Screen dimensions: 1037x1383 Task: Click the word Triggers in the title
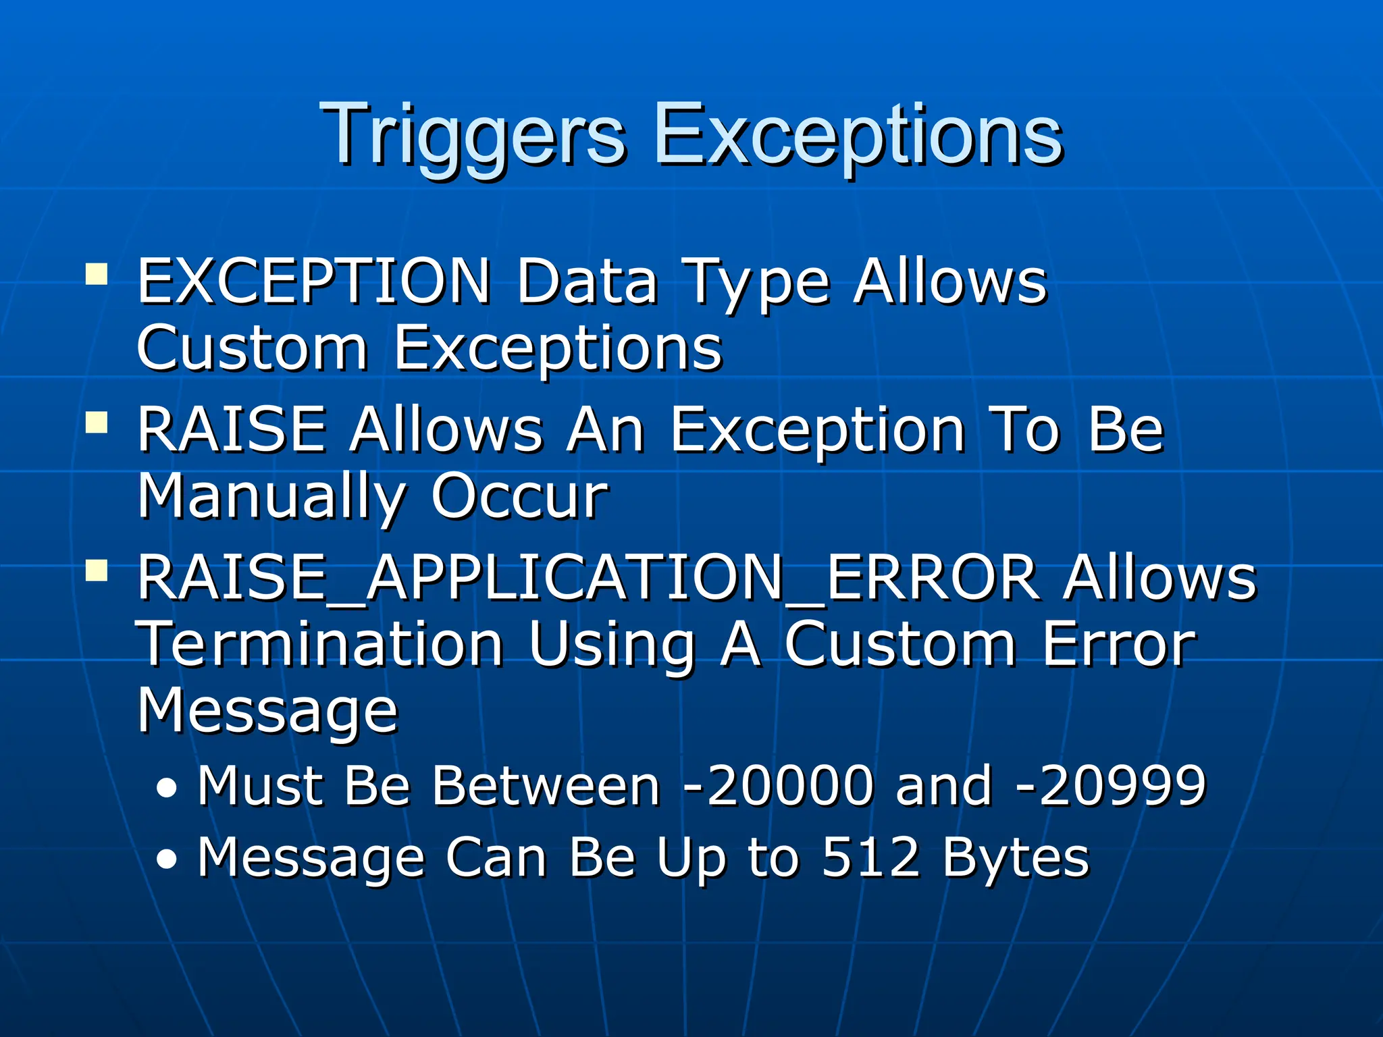coord(473,135)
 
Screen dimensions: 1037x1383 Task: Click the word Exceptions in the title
coord(858,135)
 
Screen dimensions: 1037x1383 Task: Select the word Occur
coord(520,497)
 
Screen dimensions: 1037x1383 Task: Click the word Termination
coord(321,645)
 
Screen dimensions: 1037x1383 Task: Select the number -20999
coord(1111,786)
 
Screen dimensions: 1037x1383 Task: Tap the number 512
coord(871,857)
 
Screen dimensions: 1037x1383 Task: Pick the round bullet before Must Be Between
coord(167,789)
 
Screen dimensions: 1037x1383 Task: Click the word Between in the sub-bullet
coord(546,786)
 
